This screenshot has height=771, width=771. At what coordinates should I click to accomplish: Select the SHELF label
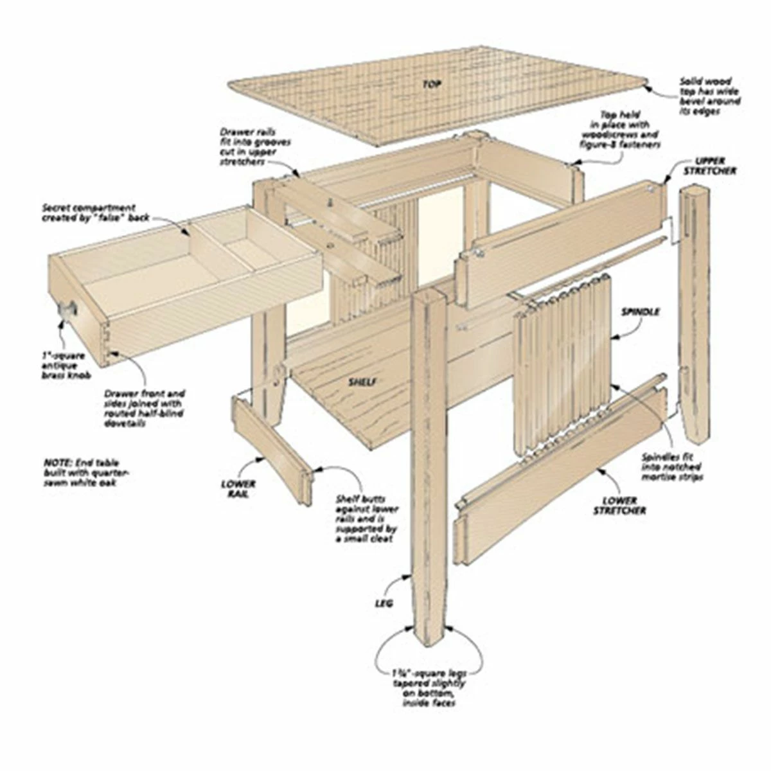362,382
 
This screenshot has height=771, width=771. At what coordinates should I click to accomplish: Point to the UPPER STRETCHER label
709,166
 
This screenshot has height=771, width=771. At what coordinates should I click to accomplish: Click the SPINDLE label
639,312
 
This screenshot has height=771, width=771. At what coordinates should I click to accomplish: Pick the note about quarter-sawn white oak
81,472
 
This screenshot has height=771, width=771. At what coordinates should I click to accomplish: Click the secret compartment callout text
89,213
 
